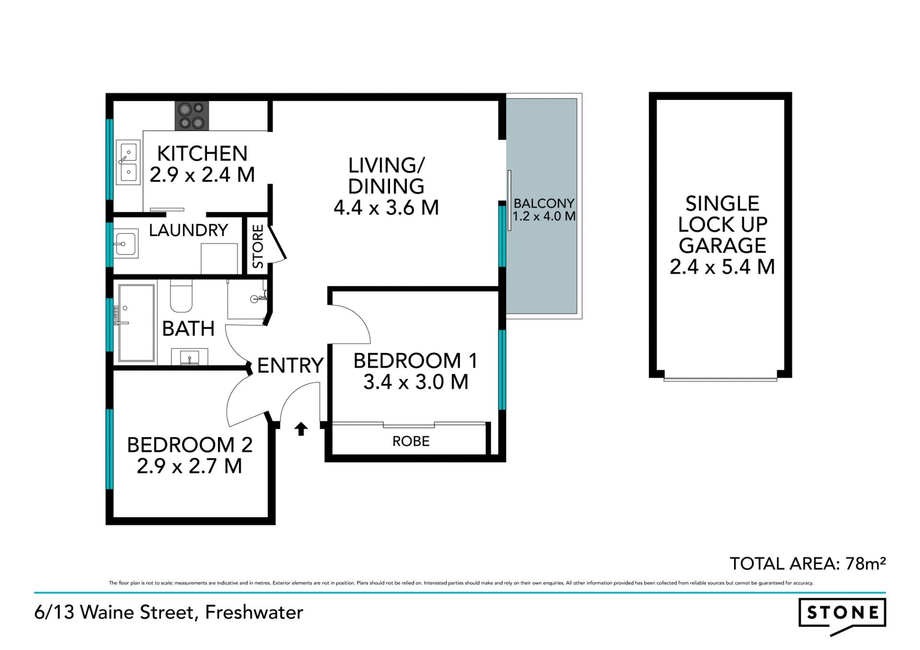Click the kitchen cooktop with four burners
(192, 116)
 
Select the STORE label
(258, 246)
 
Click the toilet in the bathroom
(181, 296)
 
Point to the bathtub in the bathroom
(137, 323)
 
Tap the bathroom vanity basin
(190, 357)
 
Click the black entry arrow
(301, 429)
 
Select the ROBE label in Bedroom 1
(411, 441)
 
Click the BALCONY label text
(544, 203)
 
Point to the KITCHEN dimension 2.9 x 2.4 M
(202, 174)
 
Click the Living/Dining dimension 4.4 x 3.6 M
(386, 208)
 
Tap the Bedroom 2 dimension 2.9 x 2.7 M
(189, 466)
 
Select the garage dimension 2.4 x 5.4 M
(722, 267)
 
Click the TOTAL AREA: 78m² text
(807, 563)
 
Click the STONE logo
(842, 615)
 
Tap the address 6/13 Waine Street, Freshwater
(169, 613)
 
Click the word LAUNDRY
(188, 230)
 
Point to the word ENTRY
(290, 366)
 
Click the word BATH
(188, 329)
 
